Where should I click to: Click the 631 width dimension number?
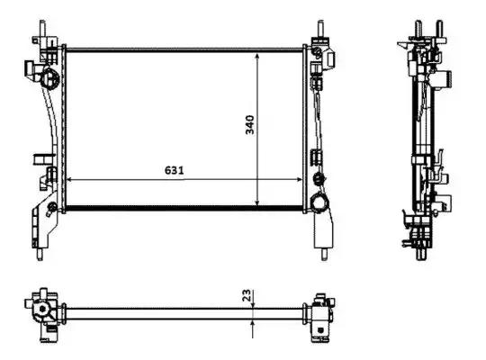click(175, 170)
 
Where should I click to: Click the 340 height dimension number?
click(249, 125)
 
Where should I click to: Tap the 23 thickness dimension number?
click(246, 295)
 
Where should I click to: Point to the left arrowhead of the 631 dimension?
click(69, 179)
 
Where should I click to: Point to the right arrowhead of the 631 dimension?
click(299, 179)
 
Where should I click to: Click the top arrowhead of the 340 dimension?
click(256, 56)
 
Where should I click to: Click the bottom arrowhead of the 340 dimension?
click(256, 202)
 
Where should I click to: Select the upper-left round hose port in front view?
click(49, 77)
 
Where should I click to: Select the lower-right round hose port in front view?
click(319, 202)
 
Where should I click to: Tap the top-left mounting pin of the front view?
click(42, 29)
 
